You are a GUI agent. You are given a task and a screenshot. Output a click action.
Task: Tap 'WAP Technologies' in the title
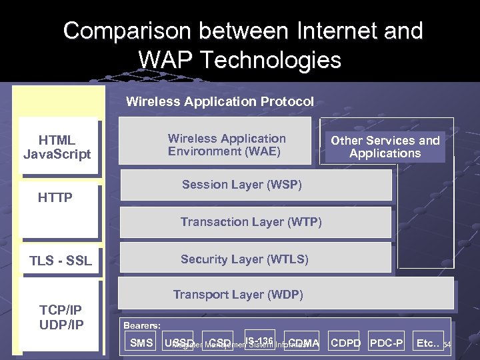240,60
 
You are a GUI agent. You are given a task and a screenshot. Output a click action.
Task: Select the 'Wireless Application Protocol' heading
219,102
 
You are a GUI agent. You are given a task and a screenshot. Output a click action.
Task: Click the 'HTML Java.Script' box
57,147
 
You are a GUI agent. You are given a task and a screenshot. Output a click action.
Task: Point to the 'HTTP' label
55,198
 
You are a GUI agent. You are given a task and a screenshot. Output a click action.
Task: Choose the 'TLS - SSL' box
61,261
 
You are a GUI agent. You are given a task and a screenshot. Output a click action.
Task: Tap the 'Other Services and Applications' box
385,147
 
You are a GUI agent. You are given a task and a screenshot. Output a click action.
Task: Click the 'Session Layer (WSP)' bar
255,185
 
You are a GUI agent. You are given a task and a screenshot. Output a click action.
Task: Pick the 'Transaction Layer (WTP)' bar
255,223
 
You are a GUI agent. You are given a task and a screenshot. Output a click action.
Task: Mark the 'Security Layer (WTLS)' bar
255,259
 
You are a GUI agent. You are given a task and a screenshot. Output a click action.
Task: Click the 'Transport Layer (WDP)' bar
287,294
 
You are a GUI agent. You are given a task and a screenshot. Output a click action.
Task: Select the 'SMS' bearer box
141,343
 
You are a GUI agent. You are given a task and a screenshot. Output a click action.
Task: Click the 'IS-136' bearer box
260,341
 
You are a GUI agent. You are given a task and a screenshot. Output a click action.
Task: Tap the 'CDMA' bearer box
303,343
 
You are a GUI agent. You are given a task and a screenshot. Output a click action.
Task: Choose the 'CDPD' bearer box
345,343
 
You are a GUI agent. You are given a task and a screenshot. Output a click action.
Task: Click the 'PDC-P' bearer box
387,343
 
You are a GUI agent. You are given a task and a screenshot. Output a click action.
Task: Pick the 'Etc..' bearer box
427,343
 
